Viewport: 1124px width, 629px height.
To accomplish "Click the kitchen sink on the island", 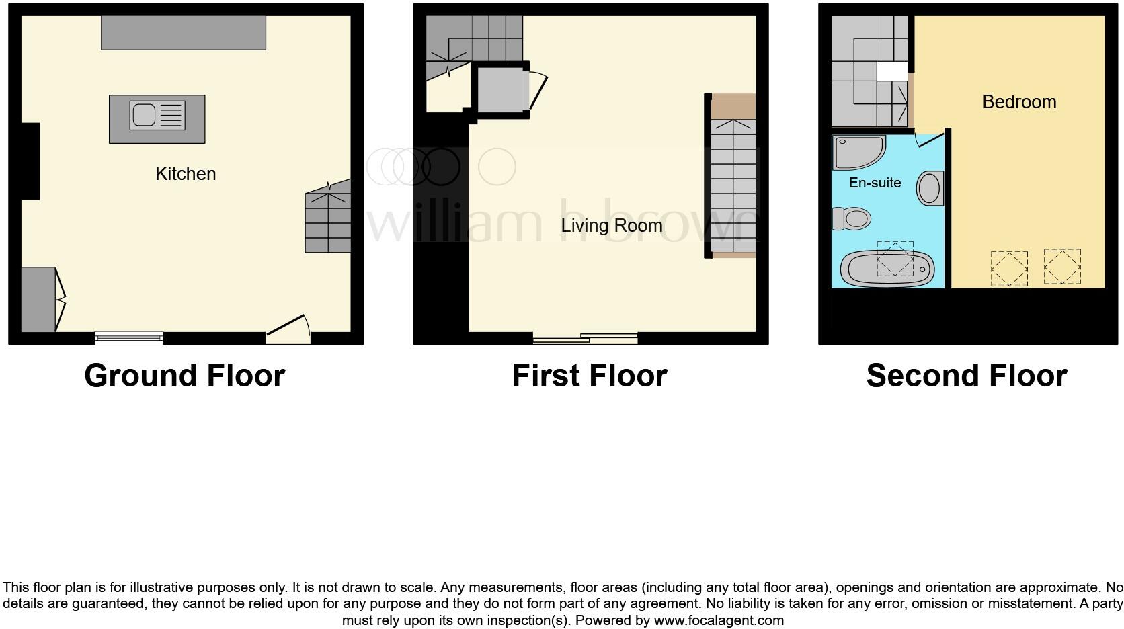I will [x=157, y=116].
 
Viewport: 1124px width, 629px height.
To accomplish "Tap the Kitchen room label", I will [x=186, y=173].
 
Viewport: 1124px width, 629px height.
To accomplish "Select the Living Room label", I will [x=612, y=226].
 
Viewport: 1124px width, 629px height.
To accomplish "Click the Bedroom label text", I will [x=1019, y=102].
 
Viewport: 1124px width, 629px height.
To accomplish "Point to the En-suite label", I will [x=875, y=183].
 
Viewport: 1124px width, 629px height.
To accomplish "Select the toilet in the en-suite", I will [x=852, y=218].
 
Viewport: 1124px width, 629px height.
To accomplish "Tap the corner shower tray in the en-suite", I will [x=856, y=152].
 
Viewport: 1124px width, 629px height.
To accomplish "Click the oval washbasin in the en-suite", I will [x=930, y=188].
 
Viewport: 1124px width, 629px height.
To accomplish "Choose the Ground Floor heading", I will [x=184, y=375].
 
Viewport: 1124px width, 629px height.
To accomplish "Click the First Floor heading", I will [x=589, y=375].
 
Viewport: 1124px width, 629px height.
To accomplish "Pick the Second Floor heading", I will [x=966, y=375].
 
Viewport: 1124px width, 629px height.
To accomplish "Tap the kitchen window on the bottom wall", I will [x=129, y=337].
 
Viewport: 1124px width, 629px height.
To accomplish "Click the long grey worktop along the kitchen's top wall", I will [x=184, y=33].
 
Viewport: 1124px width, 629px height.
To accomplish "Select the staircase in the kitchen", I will [x=328, y=218].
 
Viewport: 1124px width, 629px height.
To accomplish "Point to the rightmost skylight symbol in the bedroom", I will [x=1062, y=266].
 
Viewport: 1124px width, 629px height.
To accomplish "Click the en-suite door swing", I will [x=929, y=138].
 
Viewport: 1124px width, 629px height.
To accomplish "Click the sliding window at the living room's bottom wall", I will [x=585, y=338].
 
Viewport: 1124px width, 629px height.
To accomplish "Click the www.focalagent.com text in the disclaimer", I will [x=718, y=620].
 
